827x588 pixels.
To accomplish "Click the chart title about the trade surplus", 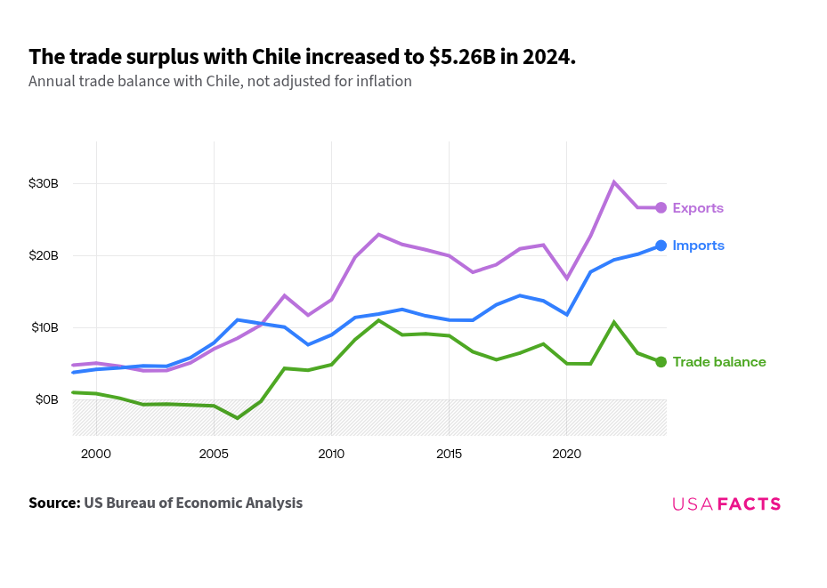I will tap(303, 57).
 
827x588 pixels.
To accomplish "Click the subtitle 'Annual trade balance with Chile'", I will tap(220, 81).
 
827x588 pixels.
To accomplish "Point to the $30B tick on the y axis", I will tap(43, 183).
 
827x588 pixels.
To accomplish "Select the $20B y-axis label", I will tap(43, 255).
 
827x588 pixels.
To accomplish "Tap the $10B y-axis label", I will tap(43, 327).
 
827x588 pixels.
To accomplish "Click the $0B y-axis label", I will tap(46, 399).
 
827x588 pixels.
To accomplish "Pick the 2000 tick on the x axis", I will tap(95, 454).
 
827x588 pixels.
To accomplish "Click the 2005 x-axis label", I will tap(214, 454).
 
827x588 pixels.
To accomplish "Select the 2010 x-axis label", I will tap(331, 454).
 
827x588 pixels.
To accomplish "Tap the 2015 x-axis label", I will tap(449, 454).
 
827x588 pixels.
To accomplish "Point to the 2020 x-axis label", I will tap(567, 454).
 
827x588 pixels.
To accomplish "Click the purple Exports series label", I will tap(698, 208).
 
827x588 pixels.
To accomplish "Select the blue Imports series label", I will tap(698, 246).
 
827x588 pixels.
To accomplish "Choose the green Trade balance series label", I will tap(718, 362).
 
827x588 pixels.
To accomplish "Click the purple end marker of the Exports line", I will tap(661, 207).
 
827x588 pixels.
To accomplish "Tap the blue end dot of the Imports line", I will tap(661, 246).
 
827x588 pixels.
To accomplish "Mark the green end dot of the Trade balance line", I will tap(661, 362).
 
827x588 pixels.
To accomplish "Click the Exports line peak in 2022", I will tap(613, 182).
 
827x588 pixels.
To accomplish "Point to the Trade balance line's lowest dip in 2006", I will tap(237, 418).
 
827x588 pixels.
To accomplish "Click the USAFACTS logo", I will tap(726, 503).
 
